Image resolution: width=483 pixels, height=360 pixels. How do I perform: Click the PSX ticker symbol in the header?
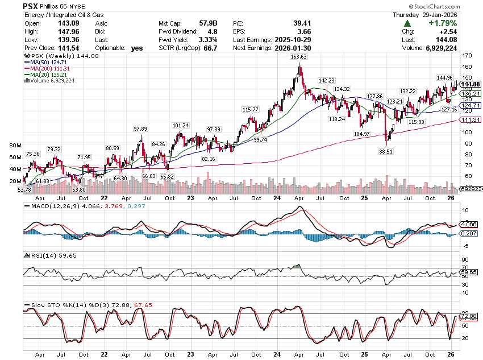coord(32,6)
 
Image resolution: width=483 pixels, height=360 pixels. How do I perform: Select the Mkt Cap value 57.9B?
coord(202,23)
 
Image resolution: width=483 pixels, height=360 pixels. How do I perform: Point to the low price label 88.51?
coord(386,151)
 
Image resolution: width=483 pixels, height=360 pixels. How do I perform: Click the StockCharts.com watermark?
coord(453,6)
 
